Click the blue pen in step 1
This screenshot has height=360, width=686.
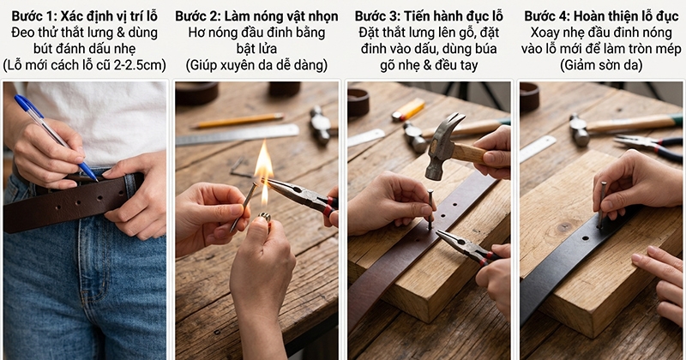(x=55, y=136)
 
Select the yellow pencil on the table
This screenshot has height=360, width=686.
(x=238, y=121)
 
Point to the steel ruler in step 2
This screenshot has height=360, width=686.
(x=238, y=135)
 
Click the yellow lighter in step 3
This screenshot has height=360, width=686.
(x=408, y=110)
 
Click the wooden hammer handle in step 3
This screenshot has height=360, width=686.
(x=470, y=153)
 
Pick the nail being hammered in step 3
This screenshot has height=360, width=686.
(x=430, y=209)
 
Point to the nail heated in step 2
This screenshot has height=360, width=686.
(x=244, y=207)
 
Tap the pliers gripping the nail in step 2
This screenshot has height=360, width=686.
(x=302, y=195)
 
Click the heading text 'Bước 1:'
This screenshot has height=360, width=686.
(x=34, y=16)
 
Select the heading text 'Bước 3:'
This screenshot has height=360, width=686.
(x=377, y=16)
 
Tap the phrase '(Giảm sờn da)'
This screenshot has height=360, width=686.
(x=601, y=66)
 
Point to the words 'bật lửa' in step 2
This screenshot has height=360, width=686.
(x=256, y=49)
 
